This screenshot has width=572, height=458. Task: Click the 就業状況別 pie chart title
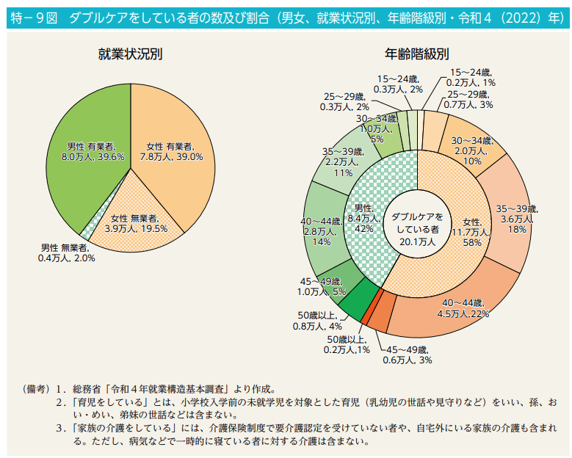click(x=130, y=54)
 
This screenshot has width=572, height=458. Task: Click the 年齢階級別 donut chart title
click(x=416, y=54)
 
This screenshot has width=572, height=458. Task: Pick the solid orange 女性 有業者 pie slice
click(x=176, y=147)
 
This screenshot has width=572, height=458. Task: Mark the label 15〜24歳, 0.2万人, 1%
click(x=471, y=78)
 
